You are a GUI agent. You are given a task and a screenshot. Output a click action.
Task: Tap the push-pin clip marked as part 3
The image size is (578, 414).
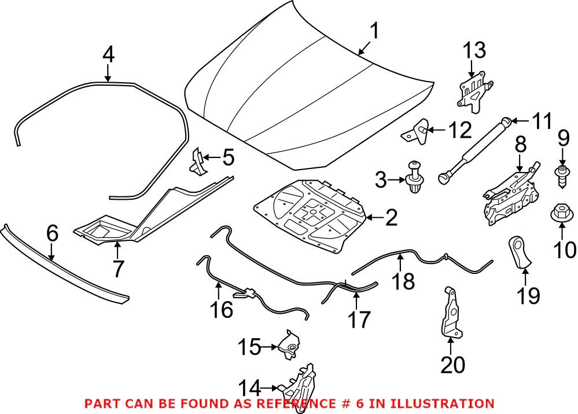[x=415, y=177]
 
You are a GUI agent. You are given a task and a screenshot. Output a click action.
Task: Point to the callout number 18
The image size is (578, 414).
[x=404, y=281]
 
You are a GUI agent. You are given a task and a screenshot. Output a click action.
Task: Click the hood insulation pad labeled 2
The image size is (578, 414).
[x=312, y=214]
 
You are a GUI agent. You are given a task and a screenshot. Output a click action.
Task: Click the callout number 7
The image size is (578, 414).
[x=117, y=269]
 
